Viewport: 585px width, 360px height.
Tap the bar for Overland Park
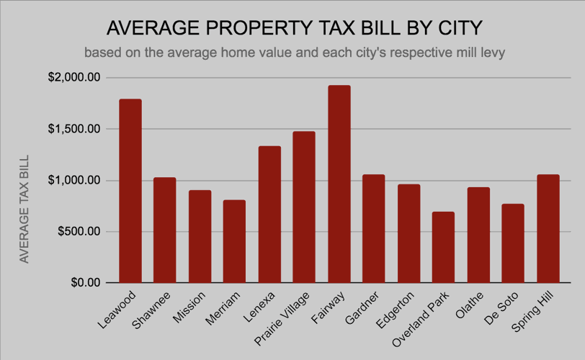(x=444, y=247)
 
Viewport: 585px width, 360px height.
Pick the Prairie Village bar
(x=304, y=207)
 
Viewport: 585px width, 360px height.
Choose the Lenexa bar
(x=269, y=215)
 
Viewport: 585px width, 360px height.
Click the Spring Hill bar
(x=548, y=228)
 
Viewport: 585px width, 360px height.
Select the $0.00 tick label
(x=84, y=283)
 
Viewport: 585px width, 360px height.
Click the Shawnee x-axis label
(x=153, y=309)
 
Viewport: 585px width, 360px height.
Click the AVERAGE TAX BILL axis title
(x=24, y=208)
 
